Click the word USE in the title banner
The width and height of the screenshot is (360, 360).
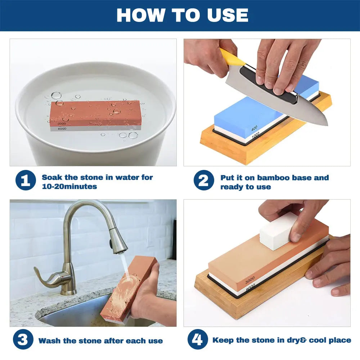pyautogui.click(x=228, y=15)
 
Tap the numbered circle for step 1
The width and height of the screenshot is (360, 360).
pyautogui.click(x=26, y=180)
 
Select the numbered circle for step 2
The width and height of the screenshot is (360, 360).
pyautogui.click(x=204, y=180)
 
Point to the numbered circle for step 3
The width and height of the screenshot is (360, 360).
pyautogui.click(x=23, y=339)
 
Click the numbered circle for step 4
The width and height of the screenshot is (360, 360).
pyautogui.click(x=198, y=339)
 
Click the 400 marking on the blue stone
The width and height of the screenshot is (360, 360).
pyautogui.click(x=254, y=128)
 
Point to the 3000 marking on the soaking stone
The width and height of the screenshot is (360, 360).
pyautogui.click(x=62, y=124)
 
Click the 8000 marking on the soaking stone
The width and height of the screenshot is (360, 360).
pyautogui.click(x=62, y=129)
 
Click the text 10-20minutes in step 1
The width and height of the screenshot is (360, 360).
pyautogui.click(x=69, y=186)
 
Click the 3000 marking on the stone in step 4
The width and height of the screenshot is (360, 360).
pyautogui.click(x=250, y=280)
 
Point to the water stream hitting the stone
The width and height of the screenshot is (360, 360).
pyautogui.click(x=124, y=264)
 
